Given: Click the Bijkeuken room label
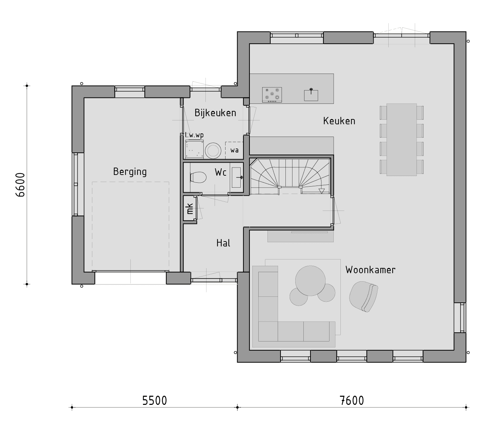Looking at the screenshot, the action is [215, 113].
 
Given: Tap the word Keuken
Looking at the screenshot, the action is [339, 121].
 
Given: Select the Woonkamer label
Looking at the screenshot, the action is [370, 270].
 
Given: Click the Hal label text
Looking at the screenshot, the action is [223, 243].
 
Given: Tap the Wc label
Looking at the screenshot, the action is [221, 173].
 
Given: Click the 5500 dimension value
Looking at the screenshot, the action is [155, 400].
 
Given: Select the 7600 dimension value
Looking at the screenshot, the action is [352, 400].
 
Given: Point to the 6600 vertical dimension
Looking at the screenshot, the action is [20, 184].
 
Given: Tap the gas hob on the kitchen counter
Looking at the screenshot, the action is [272, 95].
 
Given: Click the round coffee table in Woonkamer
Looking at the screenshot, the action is [310, 281].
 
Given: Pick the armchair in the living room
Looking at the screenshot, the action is [363, 296].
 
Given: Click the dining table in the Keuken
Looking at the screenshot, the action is [401, 139].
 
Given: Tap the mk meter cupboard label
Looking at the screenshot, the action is [190, 209].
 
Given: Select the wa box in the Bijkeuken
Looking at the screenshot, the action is [234, 150].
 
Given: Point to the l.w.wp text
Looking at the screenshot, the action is [194, 135].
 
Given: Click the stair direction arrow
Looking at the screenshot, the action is [321, 191].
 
